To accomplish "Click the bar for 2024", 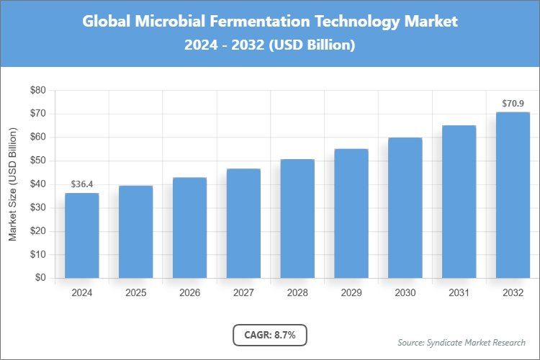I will (x=82, y=235).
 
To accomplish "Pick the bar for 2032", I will (x=513, y=195).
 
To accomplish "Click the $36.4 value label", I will (x=82, y=185).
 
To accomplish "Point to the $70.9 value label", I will (x=513, y=104).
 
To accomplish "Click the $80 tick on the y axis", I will (x=37, y=90).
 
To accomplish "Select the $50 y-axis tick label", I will (x=37, y=161).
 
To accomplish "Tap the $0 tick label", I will (x=40, y=278).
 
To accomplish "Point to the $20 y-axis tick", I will (x=37, y=231).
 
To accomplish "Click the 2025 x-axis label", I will (x=135, y=293).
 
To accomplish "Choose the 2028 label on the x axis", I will (x=297, y=293).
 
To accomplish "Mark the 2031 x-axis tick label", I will (x=459, y=293).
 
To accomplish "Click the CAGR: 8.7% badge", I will (x=270, y=335).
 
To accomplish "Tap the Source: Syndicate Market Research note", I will (x=462, y=342).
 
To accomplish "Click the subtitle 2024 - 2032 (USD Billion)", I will (x=270, y=45).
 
